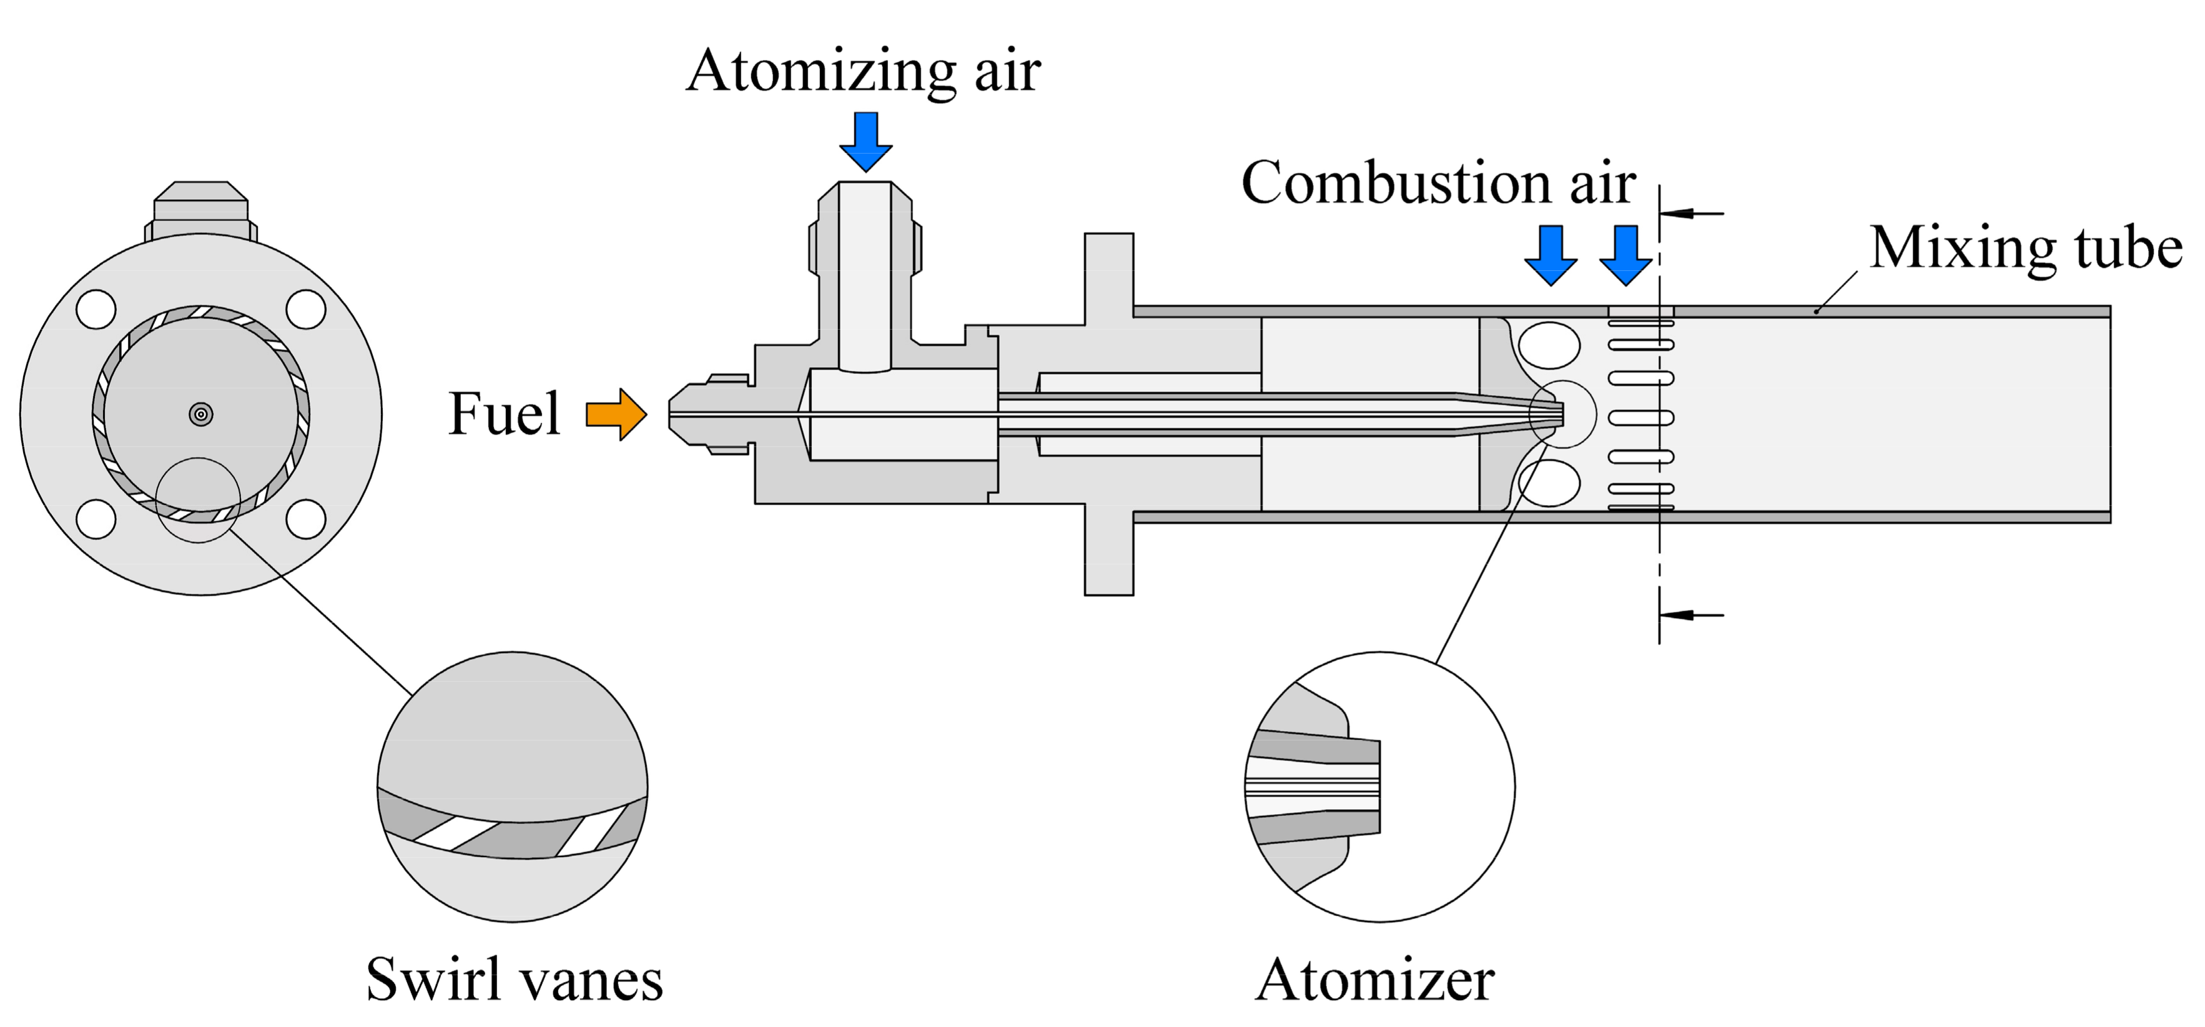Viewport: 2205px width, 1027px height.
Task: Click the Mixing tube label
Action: point(2025,248)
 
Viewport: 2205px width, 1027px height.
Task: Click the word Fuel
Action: point(504,414)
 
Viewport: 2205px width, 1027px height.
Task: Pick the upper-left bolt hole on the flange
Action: point(96,310)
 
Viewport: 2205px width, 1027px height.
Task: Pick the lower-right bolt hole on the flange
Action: point(305,519)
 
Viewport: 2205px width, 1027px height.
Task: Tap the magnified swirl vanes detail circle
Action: point(512,787)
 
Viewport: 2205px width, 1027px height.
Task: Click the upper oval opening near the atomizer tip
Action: point(1549,345)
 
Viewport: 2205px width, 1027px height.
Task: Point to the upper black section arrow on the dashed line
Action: point(1690,212)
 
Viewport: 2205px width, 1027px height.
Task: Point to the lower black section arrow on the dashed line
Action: point(1690,614)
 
